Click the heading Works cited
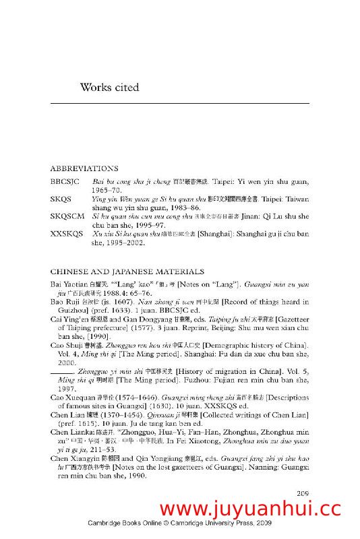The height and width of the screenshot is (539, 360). click(x=109, y=87)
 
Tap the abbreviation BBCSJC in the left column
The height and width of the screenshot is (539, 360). click(x=65, y=183)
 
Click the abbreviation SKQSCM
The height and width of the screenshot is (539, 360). click(x=65, y=216)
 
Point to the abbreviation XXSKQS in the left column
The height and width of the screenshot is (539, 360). click(x=65, y=234)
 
